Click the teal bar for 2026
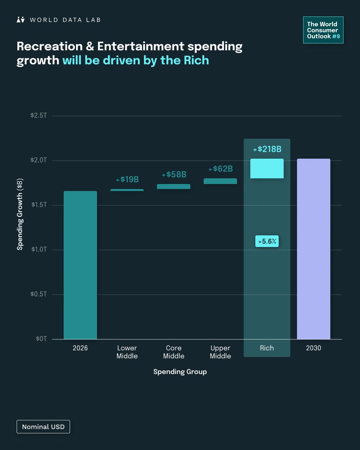pos(80,265)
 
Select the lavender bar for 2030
pos(313,249)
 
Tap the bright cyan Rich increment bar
pos(267,168)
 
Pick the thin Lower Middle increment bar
pos(127,190)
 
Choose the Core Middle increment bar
pos(174,186)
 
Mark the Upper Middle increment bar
pos(220,181)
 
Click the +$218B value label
pos(267,149)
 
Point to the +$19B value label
pos(127,180)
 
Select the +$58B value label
pos(174,175)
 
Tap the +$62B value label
pos(220,169)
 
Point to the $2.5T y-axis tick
pos(39,116)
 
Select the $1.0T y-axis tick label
pos(39,250)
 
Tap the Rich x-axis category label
pos(267,348)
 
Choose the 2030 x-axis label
pos(313,348)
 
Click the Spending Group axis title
pos(180,372)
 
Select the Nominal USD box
pos(43,427)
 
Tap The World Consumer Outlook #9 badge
pos(323,30)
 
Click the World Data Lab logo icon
pos(21,20)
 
